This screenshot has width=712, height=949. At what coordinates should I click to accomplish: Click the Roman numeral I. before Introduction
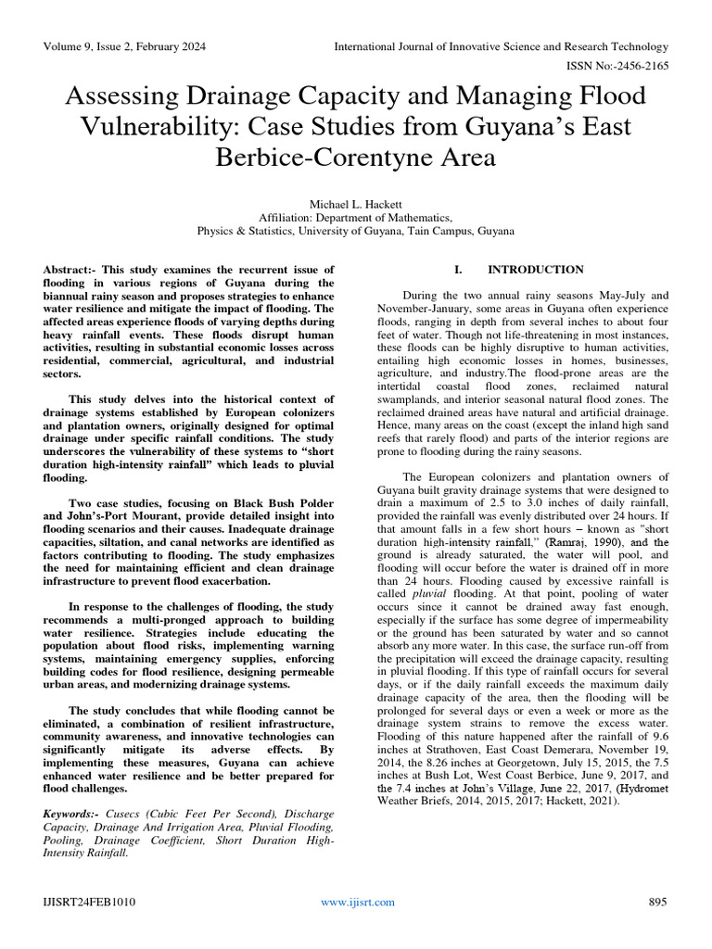457,270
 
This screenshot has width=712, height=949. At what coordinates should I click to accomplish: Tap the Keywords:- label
73,814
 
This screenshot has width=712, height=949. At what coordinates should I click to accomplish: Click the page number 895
658,902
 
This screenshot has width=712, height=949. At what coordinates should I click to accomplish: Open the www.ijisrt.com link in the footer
357,902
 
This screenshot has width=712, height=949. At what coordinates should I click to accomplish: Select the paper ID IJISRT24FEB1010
88,902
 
